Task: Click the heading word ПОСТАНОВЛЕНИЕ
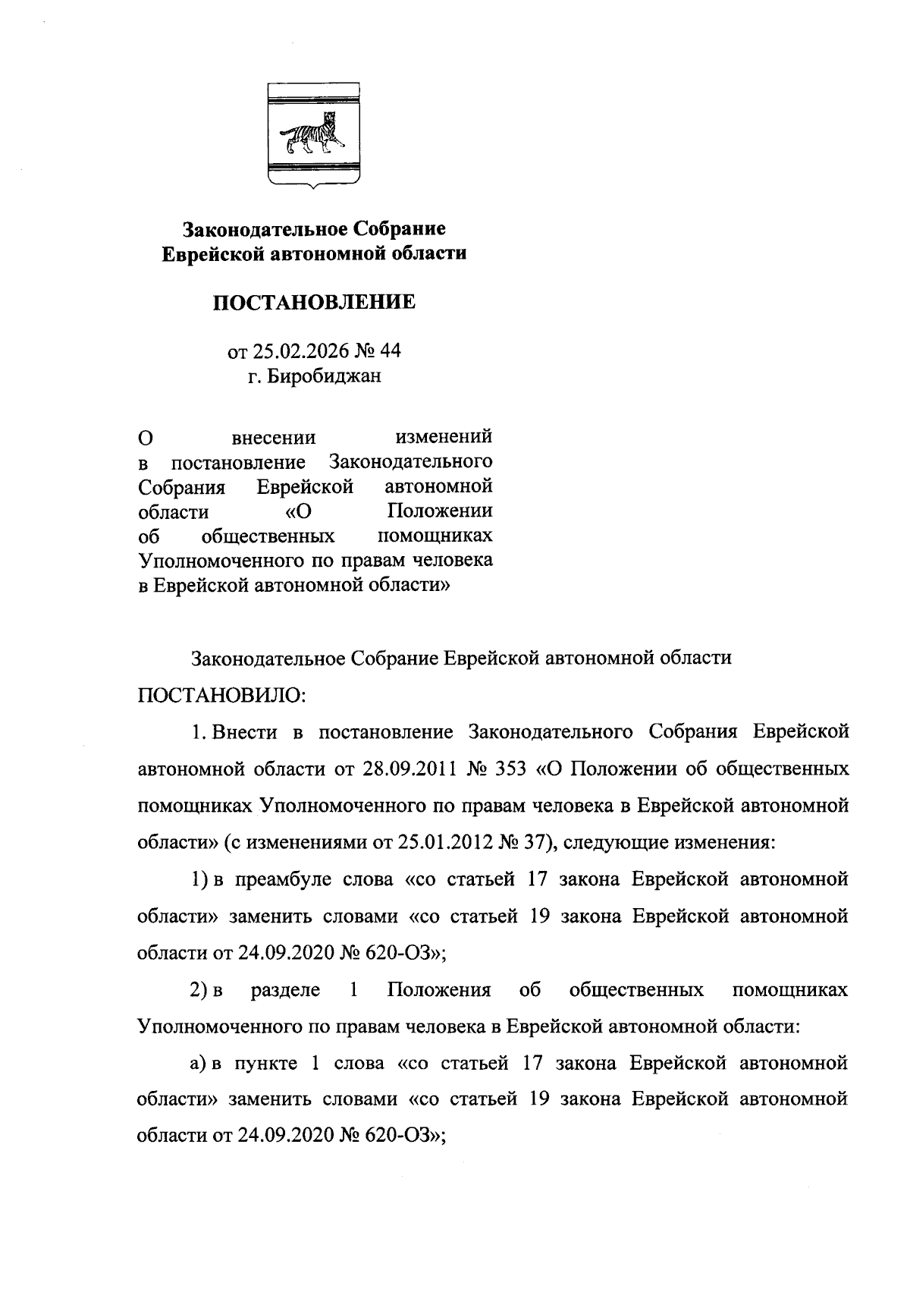313,303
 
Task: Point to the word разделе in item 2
285,990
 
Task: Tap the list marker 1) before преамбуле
199,879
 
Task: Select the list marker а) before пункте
199,1064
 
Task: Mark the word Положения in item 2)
438,990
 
